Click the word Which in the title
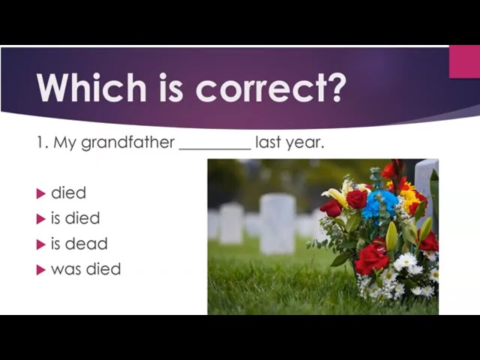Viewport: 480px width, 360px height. point(91,88)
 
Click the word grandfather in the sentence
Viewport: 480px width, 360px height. point(128,142)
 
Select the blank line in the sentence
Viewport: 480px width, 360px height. point(215,149)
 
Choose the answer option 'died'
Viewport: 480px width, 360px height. point(68,193)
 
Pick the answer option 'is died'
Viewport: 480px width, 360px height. point(75,218)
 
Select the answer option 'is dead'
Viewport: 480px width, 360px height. point(79,244)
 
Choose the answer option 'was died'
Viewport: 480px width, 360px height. point(86,269)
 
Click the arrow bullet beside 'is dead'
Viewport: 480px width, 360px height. point(40,244)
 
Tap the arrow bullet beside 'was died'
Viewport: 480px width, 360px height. point(40,270)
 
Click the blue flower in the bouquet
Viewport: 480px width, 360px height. point(379,204)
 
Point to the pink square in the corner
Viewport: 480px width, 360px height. point(464,61)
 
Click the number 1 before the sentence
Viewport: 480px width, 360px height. point(40,142)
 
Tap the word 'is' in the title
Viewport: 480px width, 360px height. point(171,88)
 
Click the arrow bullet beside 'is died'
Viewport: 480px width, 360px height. point(40,219)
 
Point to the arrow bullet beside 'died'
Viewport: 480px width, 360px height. point(40,193)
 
